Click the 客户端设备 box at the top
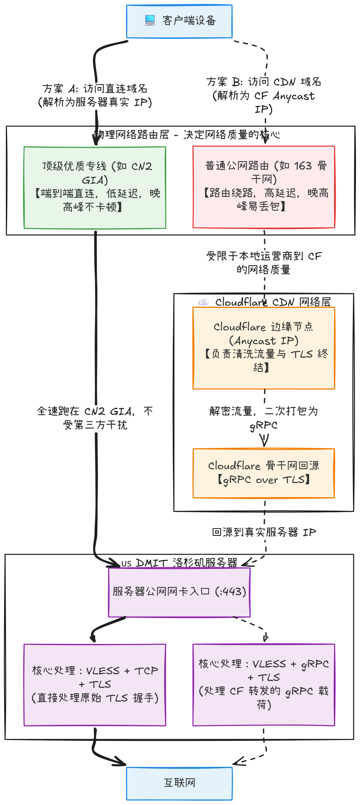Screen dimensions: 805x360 [x=179, y=22]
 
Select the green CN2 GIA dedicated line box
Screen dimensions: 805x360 [x=95, y=187]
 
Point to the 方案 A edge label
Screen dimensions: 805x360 [x=95, y=95]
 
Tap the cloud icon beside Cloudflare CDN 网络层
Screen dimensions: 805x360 [x=204, y=302]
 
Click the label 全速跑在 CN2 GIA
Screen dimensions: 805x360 [x=95, y=418]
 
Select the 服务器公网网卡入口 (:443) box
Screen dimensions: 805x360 [x=179, y=592]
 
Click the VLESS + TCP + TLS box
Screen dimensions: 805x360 [x=95, y=684]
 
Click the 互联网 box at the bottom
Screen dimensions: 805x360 [x=179, y=783]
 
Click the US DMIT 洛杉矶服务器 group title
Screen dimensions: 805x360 [x=179, y=563]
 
